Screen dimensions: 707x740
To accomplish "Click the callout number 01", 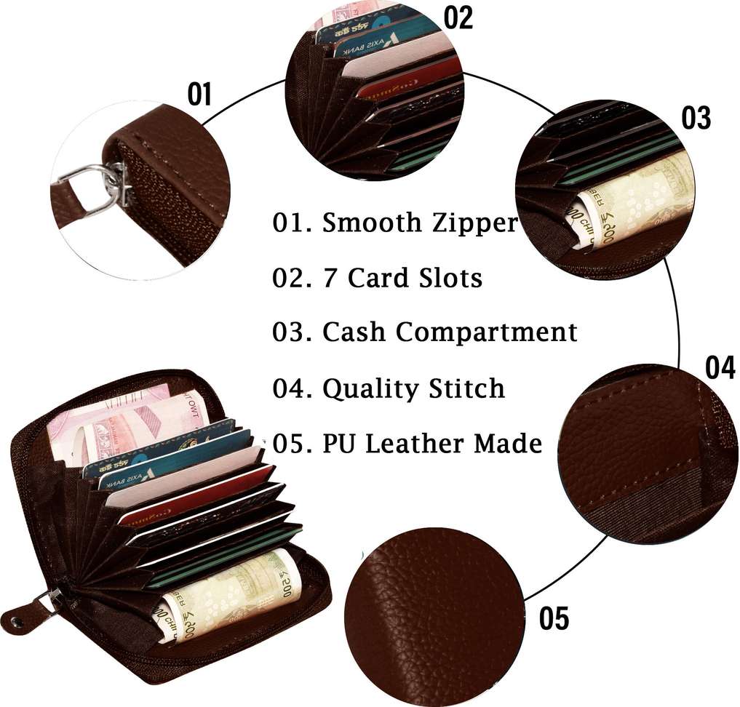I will click(199, 95).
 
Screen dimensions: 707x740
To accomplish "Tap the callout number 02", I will click(458, 17).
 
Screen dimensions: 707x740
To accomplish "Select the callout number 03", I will click(696, 118).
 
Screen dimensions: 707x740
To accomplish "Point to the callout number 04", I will click(720, 368).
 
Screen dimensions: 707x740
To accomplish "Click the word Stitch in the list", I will click(465, 388).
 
